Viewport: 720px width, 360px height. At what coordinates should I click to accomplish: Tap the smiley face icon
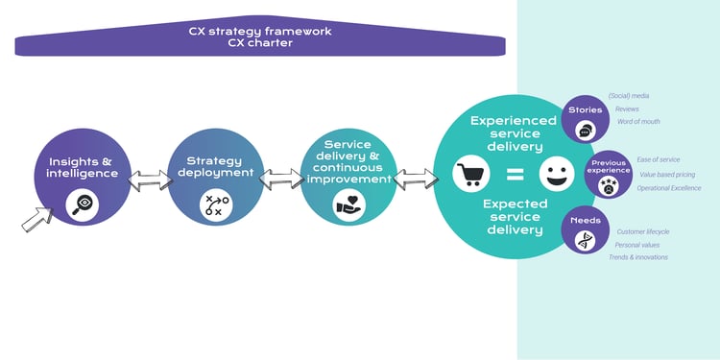coord(553,175)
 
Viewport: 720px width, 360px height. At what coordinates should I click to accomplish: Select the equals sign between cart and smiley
coord(514,175)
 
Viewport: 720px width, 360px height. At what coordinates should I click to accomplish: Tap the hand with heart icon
coord(348,204)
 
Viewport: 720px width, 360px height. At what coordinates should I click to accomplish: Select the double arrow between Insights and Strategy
coord(147,179)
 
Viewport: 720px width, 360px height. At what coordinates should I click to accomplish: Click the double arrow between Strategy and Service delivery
coord(281,179)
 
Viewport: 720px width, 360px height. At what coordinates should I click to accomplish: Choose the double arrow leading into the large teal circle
coord(414,178)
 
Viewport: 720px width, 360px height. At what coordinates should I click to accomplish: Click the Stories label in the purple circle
coord(586,109)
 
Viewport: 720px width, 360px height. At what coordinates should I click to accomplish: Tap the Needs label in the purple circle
coord(585,221)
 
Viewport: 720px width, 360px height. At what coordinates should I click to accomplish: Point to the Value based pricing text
coord(665,175)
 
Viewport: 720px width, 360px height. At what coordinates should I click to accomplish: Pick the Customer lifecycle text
coord(644,231)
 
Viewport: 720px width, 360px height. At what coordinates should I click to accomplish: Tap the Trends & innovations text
coord(638,257)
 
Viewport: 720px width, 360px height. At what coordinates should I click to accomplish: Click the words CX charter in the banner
coord(259,42)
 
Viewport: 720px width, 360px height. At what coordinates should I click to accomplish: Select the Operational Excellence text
coord(669,188)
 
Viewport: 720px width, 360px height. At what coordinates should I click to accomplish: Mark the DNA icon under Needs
coord(585,240)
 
